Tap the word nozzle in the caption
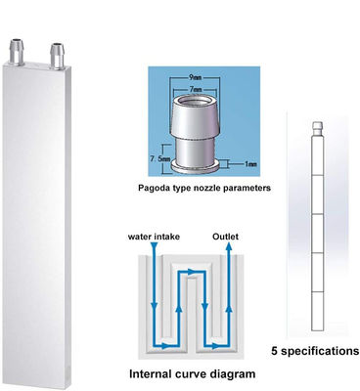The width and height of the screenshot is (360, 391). pyautogui.click(x=202, y=186)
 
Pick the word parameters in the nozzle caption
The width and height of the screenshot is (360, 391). pyautogui.click(x=243, y=186)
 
